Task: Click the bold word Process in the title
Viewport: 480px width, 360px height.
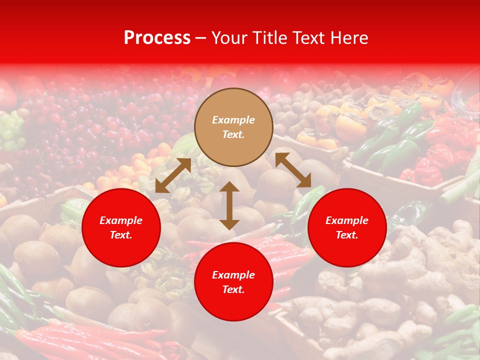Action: [x=157, y=38]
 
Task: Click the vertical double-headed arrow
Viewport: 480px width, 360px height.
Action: [x=229, y=205]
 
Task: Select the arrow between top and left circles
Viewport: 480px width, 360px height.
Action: [x=173, y=175]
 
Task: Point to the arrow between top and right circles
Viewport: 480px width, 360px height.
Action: [x=293, y=170]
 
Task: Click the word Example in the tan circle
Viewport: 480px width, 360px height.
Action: [x=233, y=120]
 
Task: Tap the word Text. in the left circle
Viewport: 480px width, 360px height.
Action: [x=121, y=235]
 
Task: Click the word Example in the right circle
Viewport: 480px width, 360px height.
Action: [x=347, y=220]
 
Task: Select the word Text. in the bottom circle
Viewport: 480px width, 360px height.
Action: [x=233, y=289]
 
